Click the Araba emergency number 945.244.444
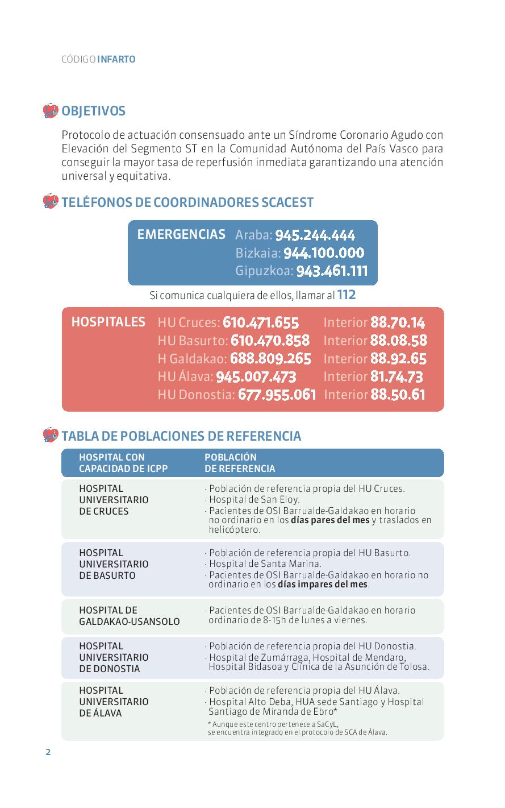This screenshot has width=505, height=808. click(x=315, y=235)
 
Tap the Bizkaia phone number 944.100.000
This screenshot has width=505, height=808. click(x=323, y=253)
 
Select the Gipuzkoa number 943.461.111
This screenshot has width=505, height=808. click(x=332, y=271)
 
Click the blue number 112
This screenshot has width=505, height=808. click(x=347, y=295)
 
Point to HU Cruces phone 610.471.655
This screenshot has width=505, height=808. click(x=261, y=322)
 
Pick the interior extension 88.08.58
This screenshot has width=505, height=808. click(x=398, y=341)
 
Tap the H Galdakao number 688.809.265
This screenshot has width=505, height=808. click(x=270, y=359)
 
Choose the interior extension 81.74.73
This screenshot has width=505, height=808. click(x=397, y=376)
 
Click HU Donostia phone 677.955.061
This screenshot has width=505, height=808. click(x=277, y=395)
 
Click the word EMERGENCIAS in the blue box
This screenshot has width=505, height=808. click(x=181, y=234)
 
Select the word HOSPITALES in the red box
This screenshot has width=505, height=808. click(x=108, y=322)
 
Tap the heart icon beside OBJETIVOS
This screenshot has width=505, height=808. click(x=51, y=110)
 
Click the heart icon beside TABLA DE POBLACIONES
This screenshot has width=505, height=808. click(x=51, y=436)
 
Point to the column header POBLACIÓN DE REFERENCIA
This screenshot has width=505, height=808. click(x=239, y=463)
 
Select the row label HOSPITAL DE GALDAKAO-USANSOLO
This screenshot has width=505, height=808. click(x=129, y=616)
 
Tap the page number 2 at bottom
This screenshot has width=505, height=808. click(x=48, y=752)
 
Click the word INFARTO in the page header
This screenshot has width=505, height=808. click(x=116, y=59)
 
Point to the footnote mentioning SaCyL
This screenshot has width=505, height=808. click(x=297, y=728)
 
